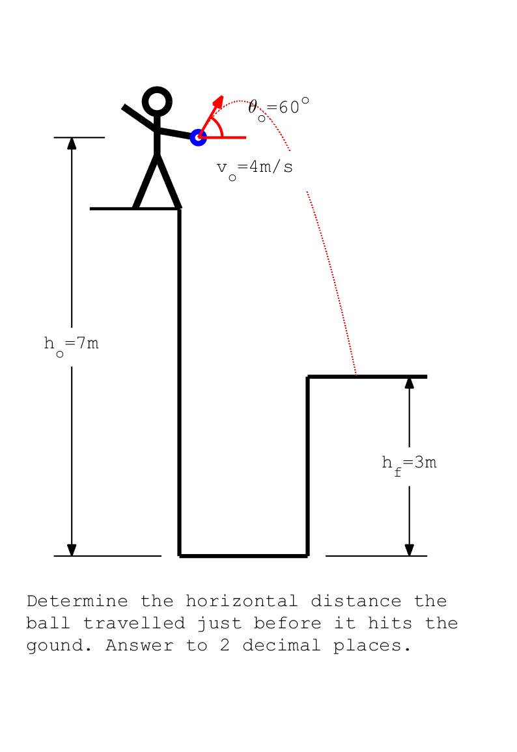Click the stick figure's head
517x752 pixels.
[x=157, y=101]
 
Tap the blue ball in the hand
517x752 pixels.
[x=198, y=137]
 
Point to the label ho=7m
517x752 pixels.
[x=71, y=346]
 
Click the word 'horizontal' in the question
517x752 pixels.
[x=242, y=602]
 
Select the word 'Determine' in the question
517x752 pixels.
[x=77, y=602]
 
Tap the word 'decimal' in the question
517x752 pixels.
[x=281, y=645]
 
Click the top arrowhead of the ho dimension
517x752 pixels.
[x=72, y=143]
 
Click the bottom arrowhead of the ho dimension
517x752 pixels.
[x=72, y=550]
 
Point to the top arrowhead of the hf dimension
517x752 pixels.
[x=409, y=383]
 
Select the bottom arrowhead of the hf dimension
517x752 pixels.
[x=409, y=550]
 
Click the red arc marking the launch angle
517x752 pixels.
[x=219, y=126]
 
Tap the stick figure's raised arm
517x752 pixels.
[x=139, y=117]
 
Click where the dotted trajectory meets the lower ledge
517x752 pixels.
[x=356, y=374]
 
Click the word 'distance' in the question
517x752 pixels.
[x=356, y=602]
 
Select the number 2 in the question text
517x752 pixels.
[x=225, y=645]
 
